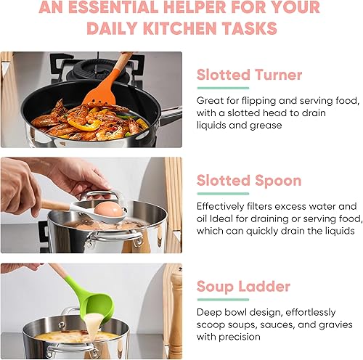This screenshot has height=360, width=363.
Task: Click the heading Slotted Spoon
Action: coord(249,179)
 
